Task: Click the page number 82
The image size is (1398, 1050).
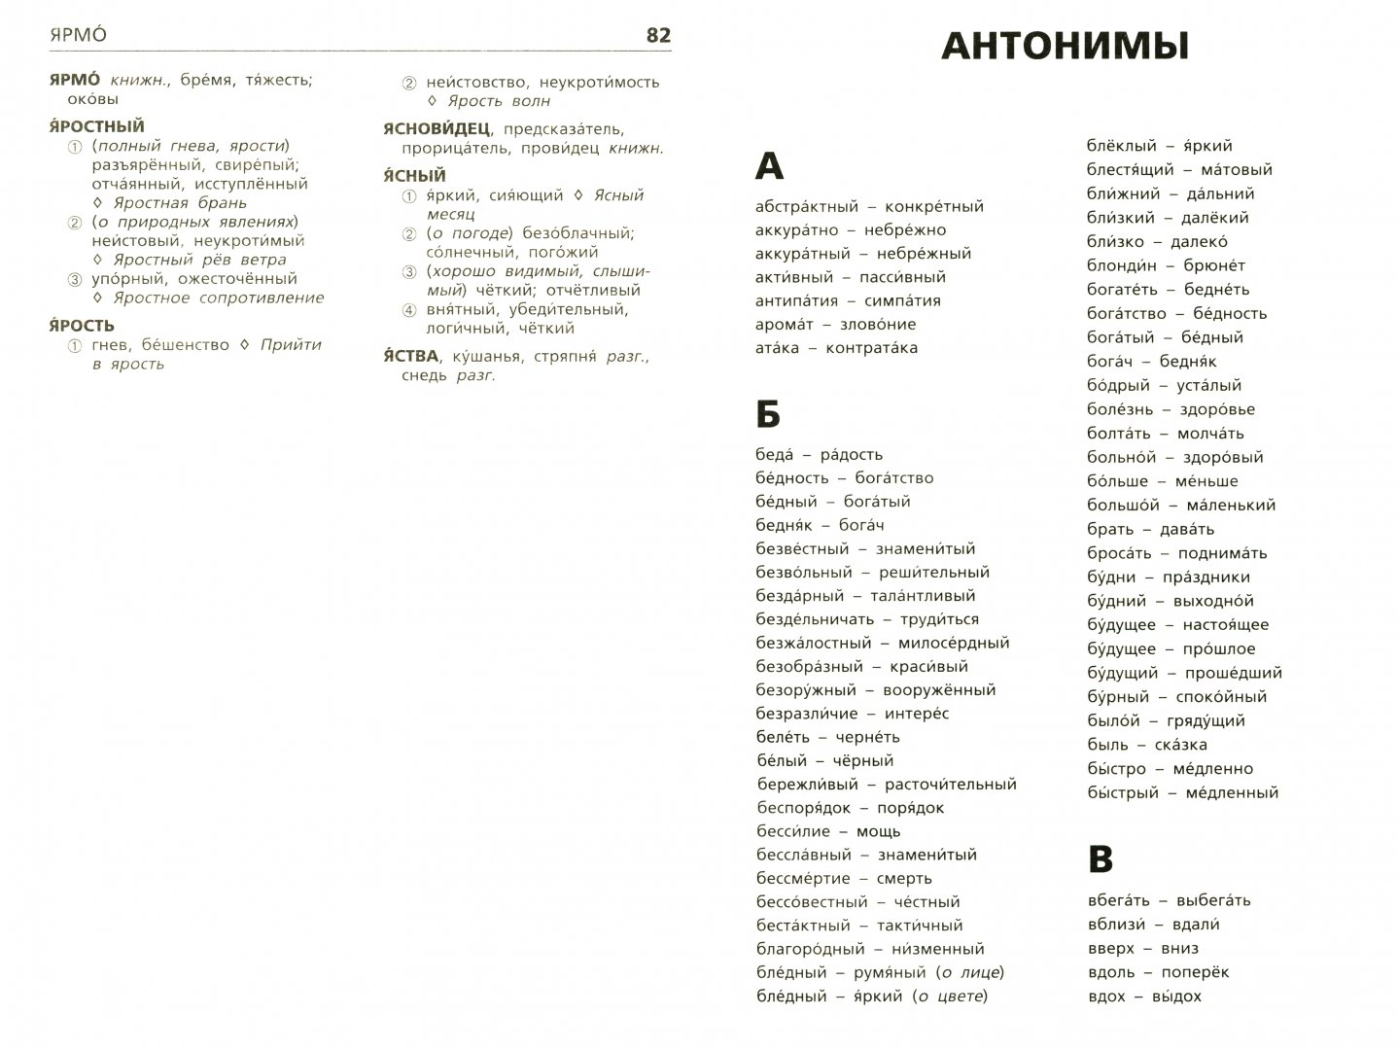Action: click(658, 36)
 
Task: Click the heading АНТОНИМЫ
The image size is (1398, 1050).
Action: click(1066, 47)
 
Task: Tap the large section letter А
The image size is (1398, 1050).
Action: click(769, 167)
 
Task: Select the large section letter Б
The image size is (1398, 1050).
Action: click(768, 415)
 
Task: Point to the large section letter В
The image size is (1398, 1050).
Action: click(1100, 859)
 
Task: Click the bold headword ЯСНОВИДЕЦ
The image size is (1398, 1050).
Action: click(437, 128)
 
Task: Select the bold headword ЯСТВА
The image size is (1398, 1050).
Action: click(411, 356)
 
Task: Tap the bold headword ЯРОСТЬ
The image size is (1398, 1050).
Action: click(82, 325)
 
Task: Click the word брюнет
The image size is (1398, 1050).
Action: click(1214, 265)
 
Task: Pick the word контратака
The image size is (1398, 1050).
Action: click(871, 348)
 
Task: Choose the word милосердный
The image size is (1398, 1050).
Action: click(954, 643)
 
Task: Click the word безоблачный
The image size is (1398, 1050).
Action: click(573, 233)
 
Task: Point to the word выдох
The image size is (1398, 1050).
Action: click(1176, 997)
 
